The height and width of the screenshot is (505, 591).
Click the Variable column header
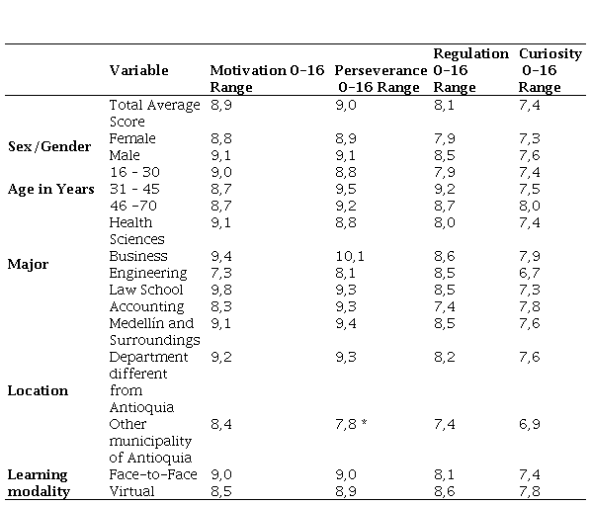tap(138, 70)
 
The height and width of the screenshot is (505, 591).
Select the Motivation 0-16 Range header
tap(267, 79)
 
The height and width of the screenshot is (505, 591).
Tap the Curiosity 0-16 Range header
tap(550, 70)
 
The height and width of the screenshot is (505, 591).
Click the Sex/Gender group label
tap(49, 146)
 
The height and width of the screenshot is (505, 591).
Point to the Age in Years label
tap(50, 189)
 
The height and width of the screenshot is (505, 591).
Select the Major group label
tap(28, 265)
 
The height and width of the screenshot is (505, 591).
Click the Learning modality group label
tap(39, 483)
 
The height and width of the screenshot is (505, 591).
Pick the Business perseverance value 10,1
tap(350, 256)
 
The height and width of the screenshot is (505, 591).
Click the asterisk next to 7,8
tap(364, 422)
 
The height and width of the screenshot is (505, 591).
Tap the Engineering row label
tap(148, 274)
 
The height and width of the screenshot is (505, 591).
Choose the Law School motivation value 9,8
tap(221, 290)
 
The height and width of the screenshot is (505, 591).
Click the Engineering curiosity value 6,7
tap(529, 273)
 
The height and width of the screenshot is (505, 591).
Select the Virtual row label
tap(131, 491)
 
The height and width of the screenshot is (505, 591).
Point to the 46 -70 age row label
tap(133, 206)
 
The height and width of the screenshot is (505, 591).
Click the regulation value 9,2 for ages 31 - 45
tap(445, 189)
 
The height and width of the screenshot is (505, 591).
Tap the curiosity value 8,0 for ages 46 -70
tap(529, 206)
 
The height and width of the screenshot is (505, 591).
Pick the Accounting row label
tap(146, 307)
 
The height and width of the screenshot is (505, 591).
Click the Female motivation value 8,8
tap(221, 138)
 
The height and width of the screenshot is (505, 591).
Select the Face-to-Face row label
tap(153, 474)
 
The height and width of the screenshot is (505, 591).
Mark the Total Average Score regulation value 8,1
tap(444, 105)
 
